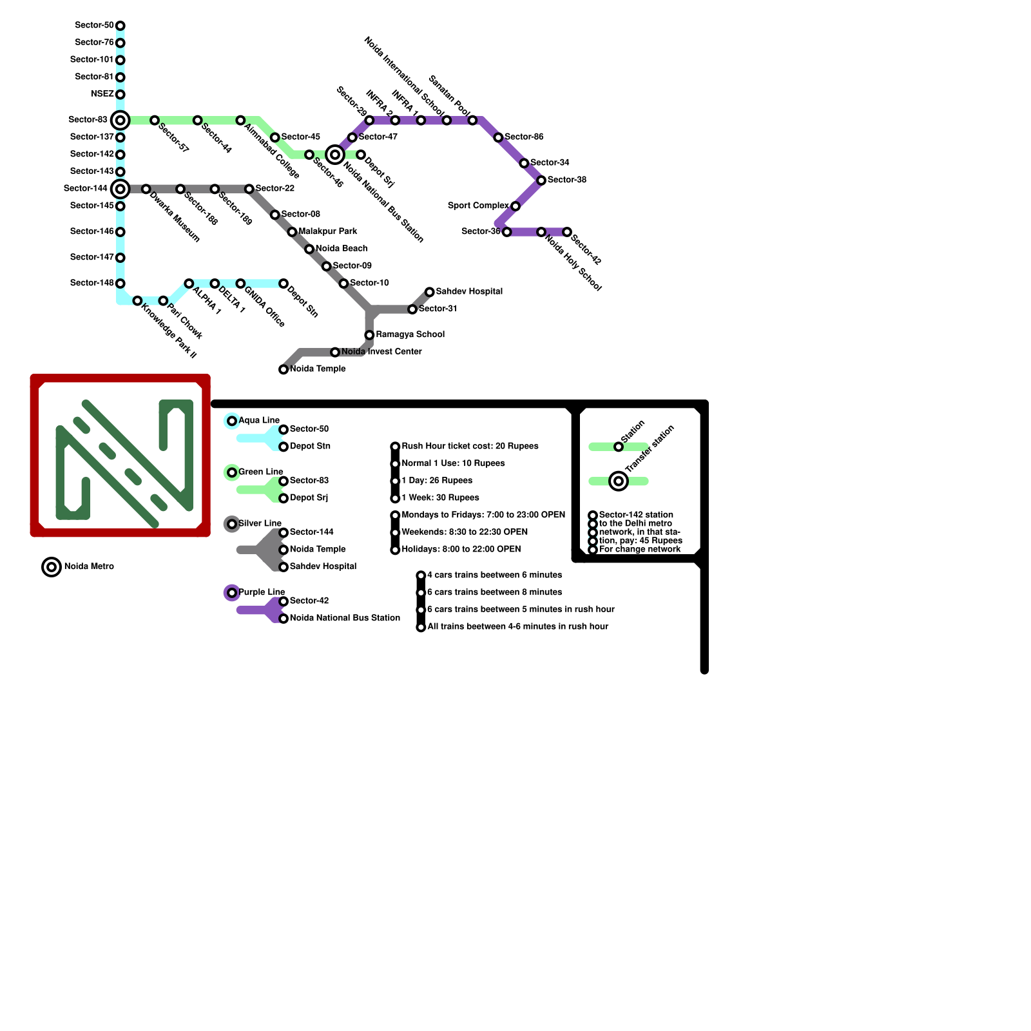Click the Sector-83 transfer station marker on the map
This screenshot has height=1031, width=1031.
[x=120, y=120]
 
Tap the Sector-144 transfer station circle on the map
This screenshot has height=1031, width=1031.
[x=120, y=189]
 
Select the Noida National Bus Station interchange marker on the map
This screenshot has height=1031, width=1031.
[x=334, y=155]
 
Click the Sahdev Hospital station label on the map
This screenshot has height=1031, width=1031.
[x=468, y=291]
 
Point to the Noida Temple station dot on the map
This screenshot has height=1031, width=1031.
[x=284, y=369]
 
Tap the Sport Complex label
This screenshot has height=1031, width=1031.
[x=477, y=206]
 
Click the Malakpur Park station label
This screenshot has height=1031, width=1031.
[x=327, y=231]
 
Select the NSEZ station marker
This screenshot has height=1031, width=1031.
[x=120, y=94]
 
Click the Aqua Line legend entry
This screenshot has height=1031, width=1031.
[x=258, y=420]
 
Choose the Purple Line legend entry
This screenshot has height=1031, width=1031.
[x=261, y=592]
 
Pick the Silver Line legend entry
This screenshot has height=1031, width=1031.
[x=259, y=523]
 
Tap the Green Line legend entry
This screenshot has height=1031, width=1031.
[x=260, y=472]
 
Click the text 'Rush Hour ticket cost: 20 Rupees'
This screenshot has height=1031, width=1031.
[x=470, y=446]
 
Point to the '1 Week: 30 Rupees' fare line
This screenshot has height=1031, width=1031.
[x=440, y=497]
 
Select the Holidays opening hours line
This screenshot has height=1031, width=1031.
[x=461, y=549]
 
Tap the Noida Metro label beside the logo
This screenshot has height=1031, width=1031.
[x=89, y=566]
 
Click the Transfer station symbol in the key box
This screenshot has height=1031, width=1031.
[x=619, y=481]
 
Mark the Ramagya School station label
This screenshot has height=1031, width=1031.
[x=410, y=334]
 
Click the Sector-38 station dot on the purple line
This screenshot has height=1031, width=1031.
[x=541, y=180]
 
